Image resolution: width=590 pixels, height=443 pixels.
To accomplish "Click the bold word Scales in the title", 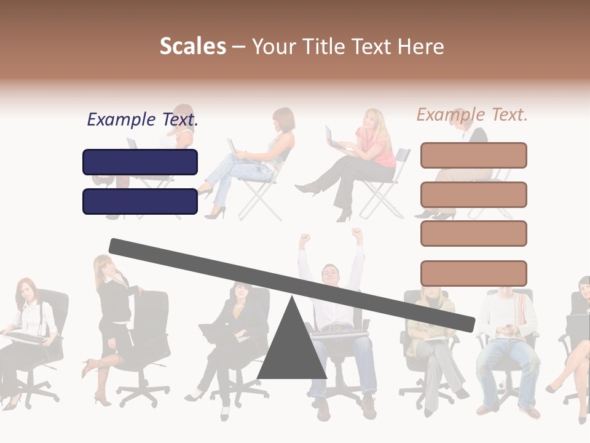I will click(x=192, y=46).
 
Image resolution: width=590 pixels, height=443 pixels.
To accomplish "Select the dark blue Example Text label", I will click(x=142, y=120).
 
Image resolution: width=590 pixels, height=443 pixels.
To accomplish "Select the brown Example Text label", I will click(x=472, y=114).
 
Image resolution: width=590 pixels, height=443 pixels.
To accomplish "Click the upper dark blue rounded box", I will click(x=140, y=162).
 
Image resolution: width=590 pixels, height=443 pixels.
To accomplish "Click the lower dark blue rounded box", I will click(x=140, y=201).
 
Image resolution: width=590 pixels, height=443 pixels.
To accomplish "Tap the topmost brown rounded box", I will click(x=473, y=155).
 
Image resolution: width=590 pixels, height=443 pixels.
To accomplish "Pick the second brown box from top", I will click(x=473, y=194).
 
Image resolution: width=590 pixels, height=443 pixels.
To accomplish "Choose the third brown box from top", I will click(x=473, y=233).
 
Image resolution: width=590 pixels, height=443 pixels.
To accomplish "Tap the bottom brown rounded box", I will click(x=473, y=273).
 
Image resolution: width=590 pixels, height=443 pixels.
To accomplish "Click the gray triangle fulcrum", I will click(x=291, y=351).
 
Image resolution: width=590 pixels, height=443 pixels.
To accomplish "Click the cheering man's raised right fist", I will click(x=304, y=239).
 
